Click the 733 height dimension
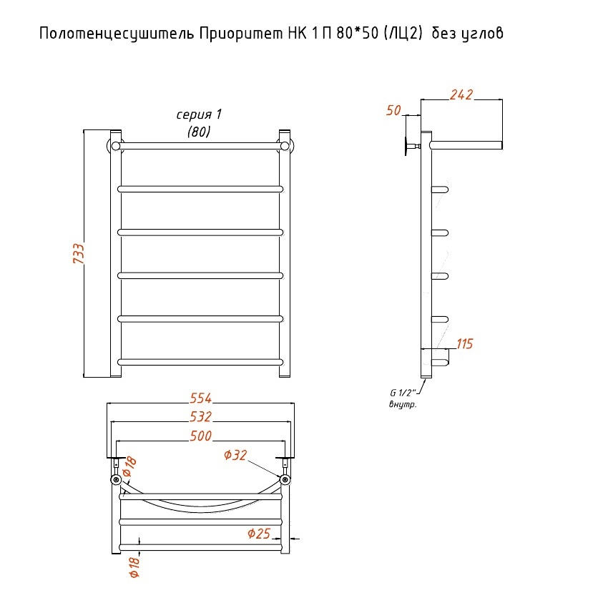78,254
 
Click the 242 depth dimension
461,94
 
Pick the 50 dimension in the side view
393,109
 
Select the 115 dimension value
464,344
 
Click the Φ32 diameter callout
235,455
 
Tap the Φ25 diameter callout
258,533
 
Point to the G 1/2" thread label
403,393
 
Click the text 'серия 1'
200,115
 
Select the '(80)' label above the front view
199,132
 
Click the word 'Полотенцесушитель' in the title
114,34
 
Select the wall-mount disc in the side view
407,146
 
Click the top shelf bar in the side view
466,145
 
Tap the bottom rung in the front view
200,360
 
